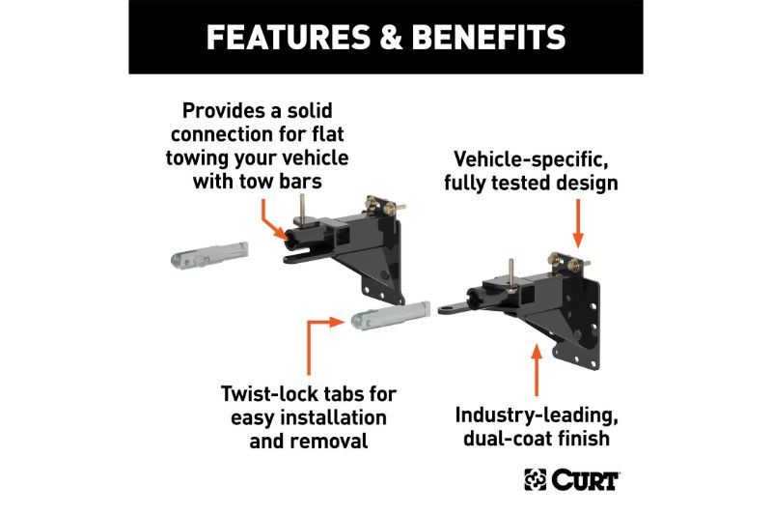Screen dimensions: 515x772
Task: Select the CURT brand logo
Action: coord(572,479)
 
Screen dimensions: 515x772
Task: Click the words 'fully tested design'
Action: coord(531,182)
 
